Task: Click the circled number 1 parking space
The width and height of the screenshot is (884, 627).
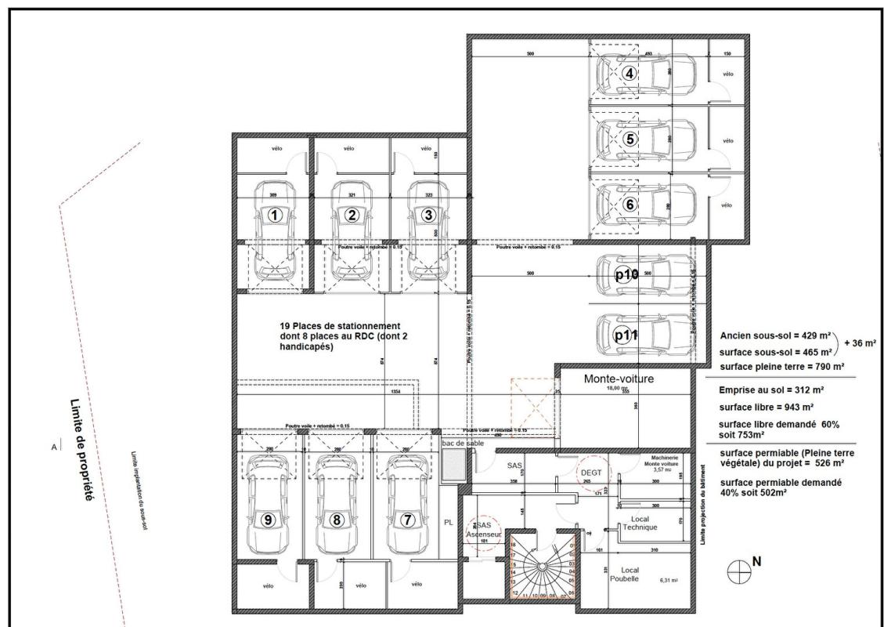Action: [274, 215]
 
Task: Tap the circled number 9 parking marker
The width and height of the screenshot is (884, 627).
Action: [268, 519]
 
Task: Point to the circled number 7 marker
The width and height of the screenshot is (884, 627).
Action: [407, 519]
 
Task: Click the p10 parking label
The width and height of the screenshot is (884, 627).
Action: [626, 274]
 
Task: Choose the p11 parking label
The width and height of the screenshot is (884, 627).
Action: [626, 335]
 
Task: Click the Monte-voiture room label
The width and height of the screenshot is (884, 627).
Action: [619, 379]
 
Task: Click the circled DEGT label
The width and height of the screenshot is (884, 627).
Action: [591, 472]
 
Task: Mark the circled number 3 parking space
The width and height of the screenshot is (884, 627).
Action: [427, 215]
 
